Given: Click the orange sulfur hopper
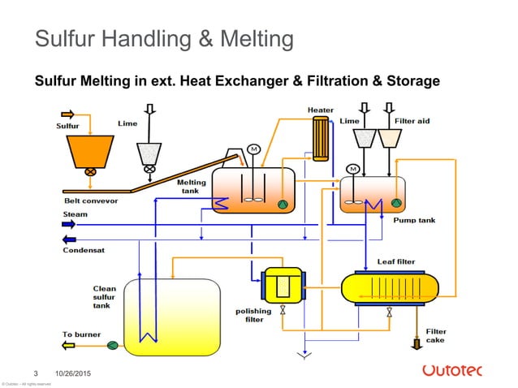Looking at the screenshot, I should point(90,150).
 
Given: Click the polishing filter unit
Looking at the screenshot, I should point(282,285).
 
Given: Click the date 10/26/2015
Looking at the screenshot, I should point(71,372).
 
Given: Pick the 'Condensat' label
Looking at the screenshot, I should point(83,250).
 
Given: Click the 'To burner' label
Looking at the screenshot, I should point(81,334).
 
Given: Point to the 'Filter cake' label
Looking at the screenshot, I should point(436,335).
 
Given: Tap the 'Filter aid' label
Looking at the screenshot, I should point(412,121).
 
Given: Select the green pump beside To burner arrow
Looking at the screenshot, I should point(112,346).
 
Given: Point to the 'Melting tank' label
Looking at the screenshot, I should point(192,187).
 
